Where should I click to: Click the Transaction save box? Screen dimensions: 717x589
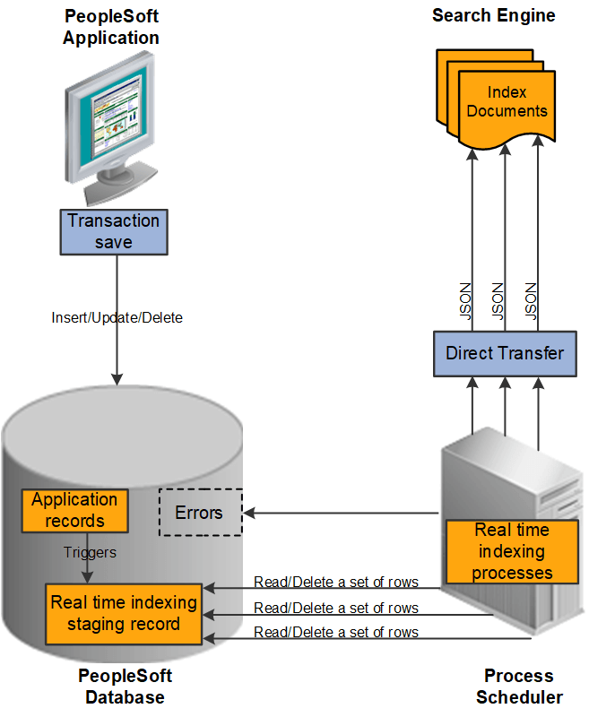coord(113,231)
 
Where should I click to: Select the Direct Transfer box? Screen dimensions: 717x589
coord(505,352)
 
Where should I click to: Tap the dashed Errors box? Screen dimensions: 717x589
coord(200,513)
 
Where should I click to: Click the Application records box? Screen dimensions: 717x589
coord(74,510)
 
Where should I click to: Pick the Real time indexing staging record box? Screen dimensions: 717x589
coord(124,613)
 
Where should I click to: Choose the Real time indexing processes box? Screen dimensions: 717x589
coord(512,551)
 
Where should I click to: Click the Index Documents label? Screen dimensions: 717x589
coord(507,102)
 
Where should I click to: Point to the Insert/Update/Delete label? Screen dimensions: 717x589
coord(117,317)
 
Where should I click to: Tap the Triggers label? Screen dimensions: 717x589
coord(91,552)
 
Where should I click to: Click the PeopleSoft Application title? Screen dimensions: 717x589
coord(111,27)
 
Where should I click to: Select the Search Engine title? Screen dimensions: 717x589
coord(493,15)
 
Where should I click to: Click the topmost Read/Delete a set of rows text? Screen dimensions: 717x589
coord(336,582)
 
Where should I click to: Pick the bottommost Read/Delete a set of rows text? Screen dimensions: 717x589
coord(336,632)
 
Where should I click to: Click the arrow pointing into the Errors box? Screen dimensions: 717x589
coord(341,514)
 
